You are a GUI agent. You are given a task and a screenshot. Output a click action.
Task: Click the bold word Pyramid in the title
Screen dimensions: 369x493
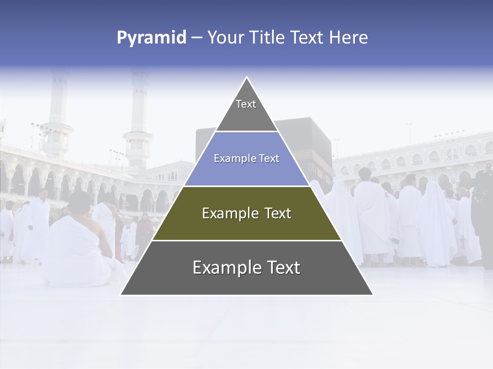pos(151,38)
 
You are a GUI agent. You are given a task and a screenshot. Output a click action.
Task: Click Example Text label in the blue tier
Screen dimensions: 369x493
pos(246,158)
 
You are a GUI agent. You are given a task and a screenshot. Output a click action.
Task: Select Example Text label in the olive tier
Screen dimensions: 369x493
pos(246,213)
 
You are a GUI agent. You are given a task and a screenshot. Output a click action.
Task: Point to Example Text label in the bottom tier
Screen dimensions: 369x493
pos(246,268)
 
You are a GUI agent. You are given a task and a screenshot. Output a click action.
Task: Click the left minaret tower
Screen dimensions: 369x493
pos(57,113)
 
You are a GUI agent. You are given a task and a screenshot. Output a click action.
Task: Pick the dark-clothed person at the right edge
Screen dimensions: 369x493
pos(483,215)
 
